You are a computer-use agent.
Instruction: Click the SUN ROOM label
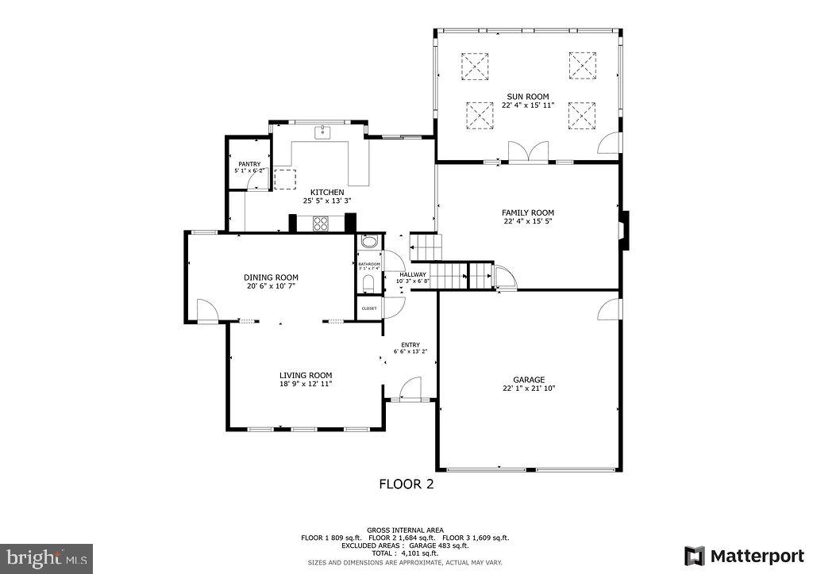click(x=527, y=97)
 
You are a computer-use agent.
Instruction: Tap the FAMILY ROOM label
click(x=527, y=212)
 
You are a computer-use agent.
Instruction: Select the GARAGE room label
click(x=528, y=380)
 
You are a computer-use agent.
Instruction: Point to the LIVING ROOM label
click(x=305, y=375)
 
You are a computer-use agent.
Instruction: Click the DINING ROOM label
click(x=271, y=277)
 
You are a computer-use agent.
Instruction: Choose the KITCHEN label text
click(x=326, y=192)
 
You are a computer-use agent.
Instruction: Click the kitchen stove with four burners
click(x=321, y=224)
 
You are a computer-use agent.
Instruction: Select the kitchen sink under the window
click(x=323, y=132)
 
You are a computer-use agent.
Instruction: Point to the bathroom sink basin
click(x=368, y=243)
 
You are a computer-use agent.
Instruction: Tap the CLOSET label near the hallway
click(x=369, y=308)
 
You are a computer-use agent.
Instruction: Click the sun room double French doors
click(x=529, y=152)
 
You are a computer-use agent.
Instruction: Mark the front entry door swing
click(x=410, y=388)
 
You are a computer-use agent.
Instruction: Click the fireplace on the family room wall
click(x=625, y=230)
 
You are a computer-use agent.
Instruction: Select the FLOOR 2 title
click(x=406, y=484)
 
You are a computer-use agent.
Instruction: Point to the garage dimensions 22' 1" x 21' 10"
click(x=528, y=388)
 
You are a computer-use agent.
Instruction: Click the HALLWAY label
click(x=413, y=274)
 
